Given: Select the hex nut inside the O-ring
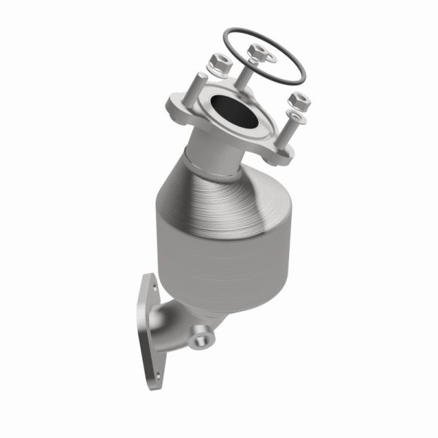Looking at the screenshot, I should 257,52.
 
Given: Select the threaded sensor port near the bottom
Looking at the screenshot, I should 200,338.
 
